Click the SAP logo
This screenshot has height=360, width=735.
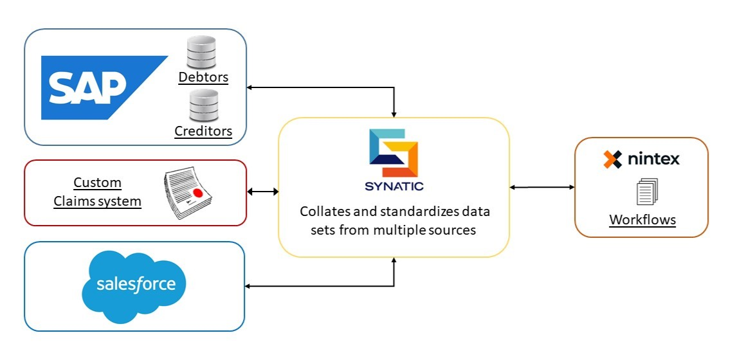coord(104,87)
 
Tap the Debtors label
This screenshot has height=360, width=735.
coord(203,76)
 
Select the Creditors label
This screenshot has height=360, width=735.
coord(203,130)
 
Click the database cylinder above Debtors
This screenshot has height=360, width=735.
coord(201,52)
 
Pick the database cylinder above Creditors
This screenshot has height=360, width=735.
coord(203,106)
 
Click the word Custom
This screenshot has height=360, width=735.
coord(98,183)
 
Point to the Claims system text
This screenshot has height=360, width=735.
coord(98,201)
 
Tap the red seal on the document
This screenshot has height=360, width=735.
coord(198,193)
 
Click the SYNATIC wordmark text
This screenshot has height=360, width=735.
coord(394,186)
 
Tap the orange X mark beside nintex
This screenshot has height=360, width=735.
coord(613,159)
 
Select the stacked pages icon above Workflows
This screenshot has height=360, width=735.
coord(648,192)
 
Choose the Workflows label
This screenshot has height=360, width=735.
coord(642,219)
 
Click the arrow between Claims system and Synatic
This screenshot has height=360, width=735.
coord(262,192)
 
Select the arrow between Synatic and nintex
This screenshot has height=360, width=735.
coord(542,188)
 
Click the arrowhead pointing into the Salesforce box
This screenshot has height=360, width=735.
coord(248,286)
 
